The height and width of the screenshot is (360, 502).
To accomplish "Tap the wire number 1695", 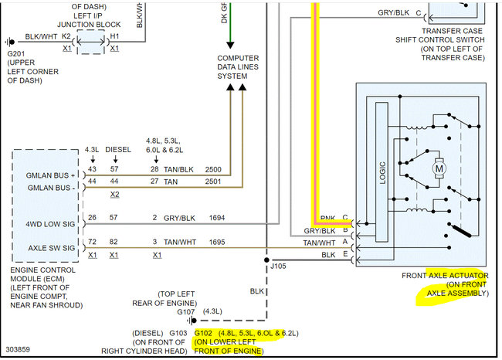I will tap(216, 243).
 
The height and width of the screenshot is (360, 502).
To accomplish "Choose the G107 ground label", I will tap(187, 311).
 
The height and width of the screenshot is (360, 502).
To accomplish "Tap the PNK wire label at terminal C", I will tap(327, 219).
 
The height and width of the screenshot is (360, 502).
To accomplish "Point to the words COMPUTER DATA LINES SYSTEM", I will tap(238, 67).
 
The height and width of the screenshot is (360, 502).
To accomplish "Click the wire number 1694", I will tap(216, 219).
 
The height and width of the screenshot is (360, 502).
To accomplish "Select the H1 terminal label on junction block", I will tap(114, 36).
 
